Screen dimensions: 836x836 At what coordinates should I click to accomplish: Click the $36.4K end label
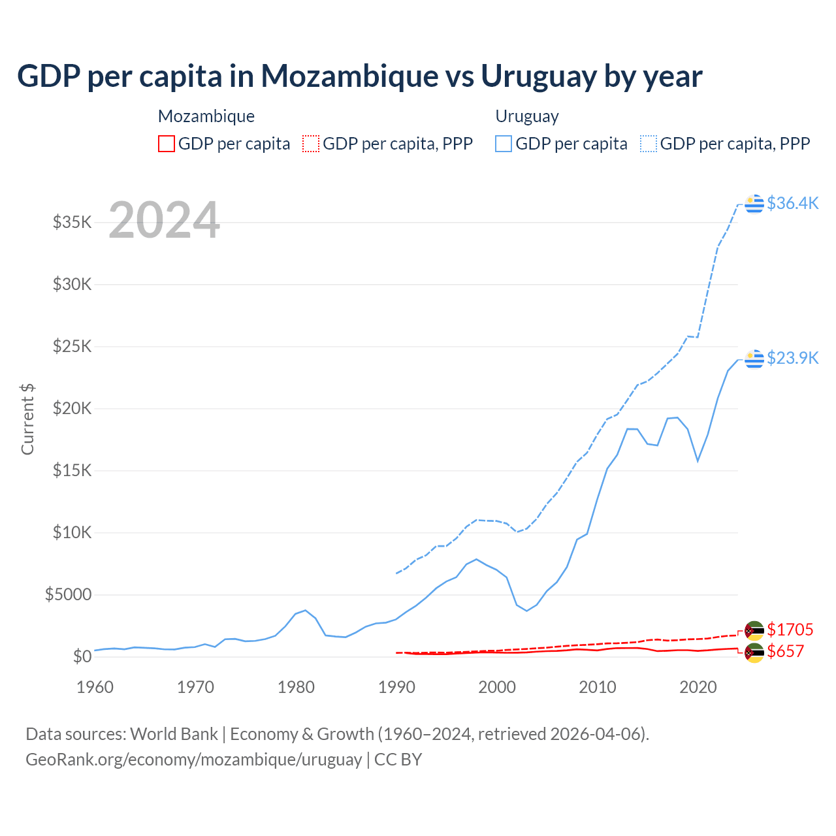click(792, 203)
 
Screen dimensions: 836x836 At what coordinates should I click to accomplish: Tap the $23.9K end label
click(792, 358)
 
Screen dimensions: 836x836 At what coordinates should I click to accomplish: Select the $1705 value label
click(790, 630)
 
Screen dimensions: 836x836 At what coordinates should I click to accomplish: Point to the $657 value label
click(785, 651)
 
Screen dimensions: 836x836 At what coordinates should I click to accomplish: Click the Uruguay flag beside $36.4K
click(754, 204)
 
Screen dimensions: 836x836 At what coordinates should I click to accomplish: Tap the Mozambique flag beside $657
click(754, 652)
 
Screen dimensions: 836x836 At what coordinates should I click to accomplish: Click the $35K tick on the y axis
click(72, 222)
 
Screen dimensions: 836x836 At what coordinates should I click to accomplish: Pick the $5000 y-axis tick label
click(68, 594)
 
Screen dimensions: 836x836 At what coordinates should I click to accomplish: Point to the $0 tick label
click(82, 656)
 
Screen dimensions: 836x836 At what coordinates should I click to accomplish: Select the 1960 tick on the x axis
click(95, 687)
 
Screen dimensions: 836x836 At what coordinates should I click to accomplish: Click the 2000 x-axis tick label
click(497, 687)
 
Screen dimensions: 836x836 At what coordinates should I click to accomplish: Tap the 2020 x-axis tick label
click(698, 687)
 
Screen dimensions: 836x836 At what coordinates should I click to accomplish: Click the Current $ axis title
click(27, 419)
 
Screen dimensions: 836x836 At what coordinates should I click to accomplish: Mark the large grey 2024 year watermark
click(164, 220)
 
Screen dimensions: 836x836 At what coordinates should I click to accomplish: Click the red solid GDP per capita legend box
click(167, 144)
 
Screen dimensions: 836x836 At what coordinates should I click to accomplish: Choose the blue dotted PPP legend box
click(649, 144)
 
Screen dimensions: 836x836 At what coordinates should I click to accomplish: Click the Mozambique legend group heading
click(206, 116)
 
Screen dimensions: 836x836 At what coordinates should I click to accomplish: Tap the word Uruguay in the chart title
click(538, 76)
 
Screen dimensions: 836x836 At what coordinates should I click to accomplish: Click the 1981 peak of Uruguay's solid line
click(305, 610)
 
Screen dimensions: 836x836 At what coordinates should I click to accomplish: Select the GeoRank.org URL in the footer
click(193, 760)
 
